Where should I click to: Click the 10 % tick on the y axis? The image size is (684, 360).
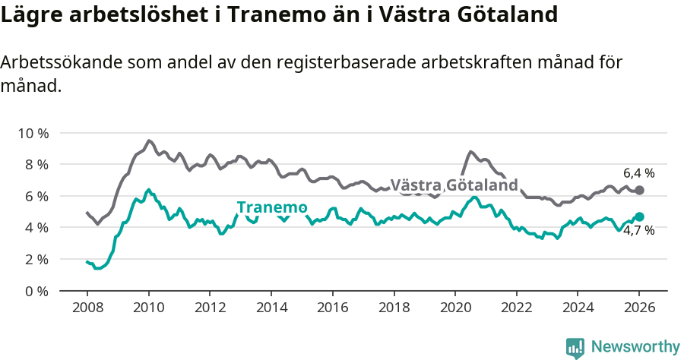pos(33,133)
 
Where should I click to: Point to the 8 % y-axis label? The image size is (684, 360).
pos(36,165)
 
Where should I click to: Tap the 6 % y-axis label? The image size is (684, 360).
pos(36,196)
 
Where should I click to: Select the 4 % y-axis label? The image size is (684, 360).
pos(36,228)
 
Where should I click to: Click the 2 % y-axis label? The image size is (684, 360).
pos(36,260)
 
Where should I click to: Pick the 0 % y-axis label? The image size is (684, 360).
pos(36,291)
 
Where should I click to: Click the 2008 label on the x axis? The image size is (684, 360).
pos(87,308)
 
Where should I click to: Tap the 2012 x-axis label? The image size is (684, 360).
pos(210,308)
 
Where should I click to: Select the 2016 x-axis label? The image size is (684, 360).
pos(332,308)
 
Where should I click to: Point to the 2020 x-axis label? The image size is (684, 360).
pos(455,308)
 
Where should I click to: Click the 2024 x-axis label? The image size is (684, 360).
pos(578,308)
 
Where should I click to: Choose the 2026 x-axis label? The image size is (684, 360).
pos(639,308)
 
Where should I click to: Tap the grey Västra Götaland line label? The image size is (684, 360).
pos(454,185)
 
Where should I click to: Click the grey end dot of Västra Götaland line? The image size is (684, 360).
pos(639,190)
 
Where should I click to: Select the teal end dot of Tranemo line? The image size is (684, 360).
pos(639,216)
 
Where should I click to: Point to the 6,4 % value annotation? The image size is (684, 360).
pos(638,173)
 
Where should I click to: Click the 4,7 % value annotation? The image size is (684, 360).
pos(638,231)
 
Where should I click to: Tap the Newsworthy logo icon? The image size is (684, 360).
pos(575,348)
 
